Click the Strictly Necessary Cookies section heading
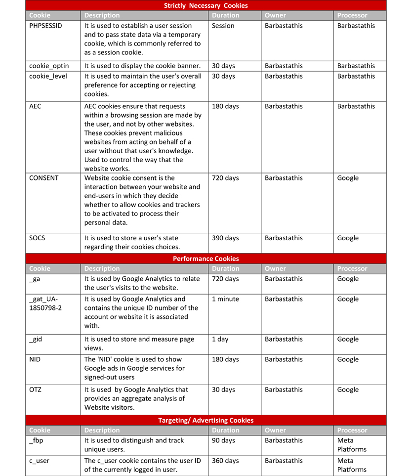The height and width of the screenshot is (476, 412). [x=206, y=5]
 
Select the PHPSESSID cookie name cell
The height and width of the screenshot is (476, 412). [x=46, y=26]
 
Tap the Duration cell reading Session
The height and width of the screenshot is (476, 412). [x=223, y=26]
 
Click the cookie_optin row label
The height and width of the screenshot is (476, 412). [x=49, y=66]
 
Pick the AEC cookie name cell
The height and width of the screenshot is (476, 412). [x=36, y=106]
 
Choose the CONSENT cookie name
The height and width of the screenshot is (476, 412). [x=44, y=178]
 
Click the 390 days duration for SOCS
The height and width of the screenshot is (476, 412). [x=225, y=238]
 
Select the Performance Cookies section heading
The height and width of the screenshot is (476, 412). [x=206, y=259]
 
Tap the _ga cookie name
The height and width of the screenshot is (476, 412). [x=35, y=279]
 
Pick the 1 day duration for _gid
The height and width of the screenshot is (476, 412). [x=222, y=339]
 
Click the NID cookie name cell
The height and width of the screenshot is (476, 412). [x=35, y=359]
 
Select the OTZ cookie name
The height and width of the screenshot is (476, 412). [x=36, y=389]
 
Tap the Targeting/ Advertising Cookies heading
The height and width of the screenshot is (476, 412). [x=206, y=420]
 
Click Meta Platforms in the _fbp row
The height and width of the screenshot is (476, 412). [x=352, y=445]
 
